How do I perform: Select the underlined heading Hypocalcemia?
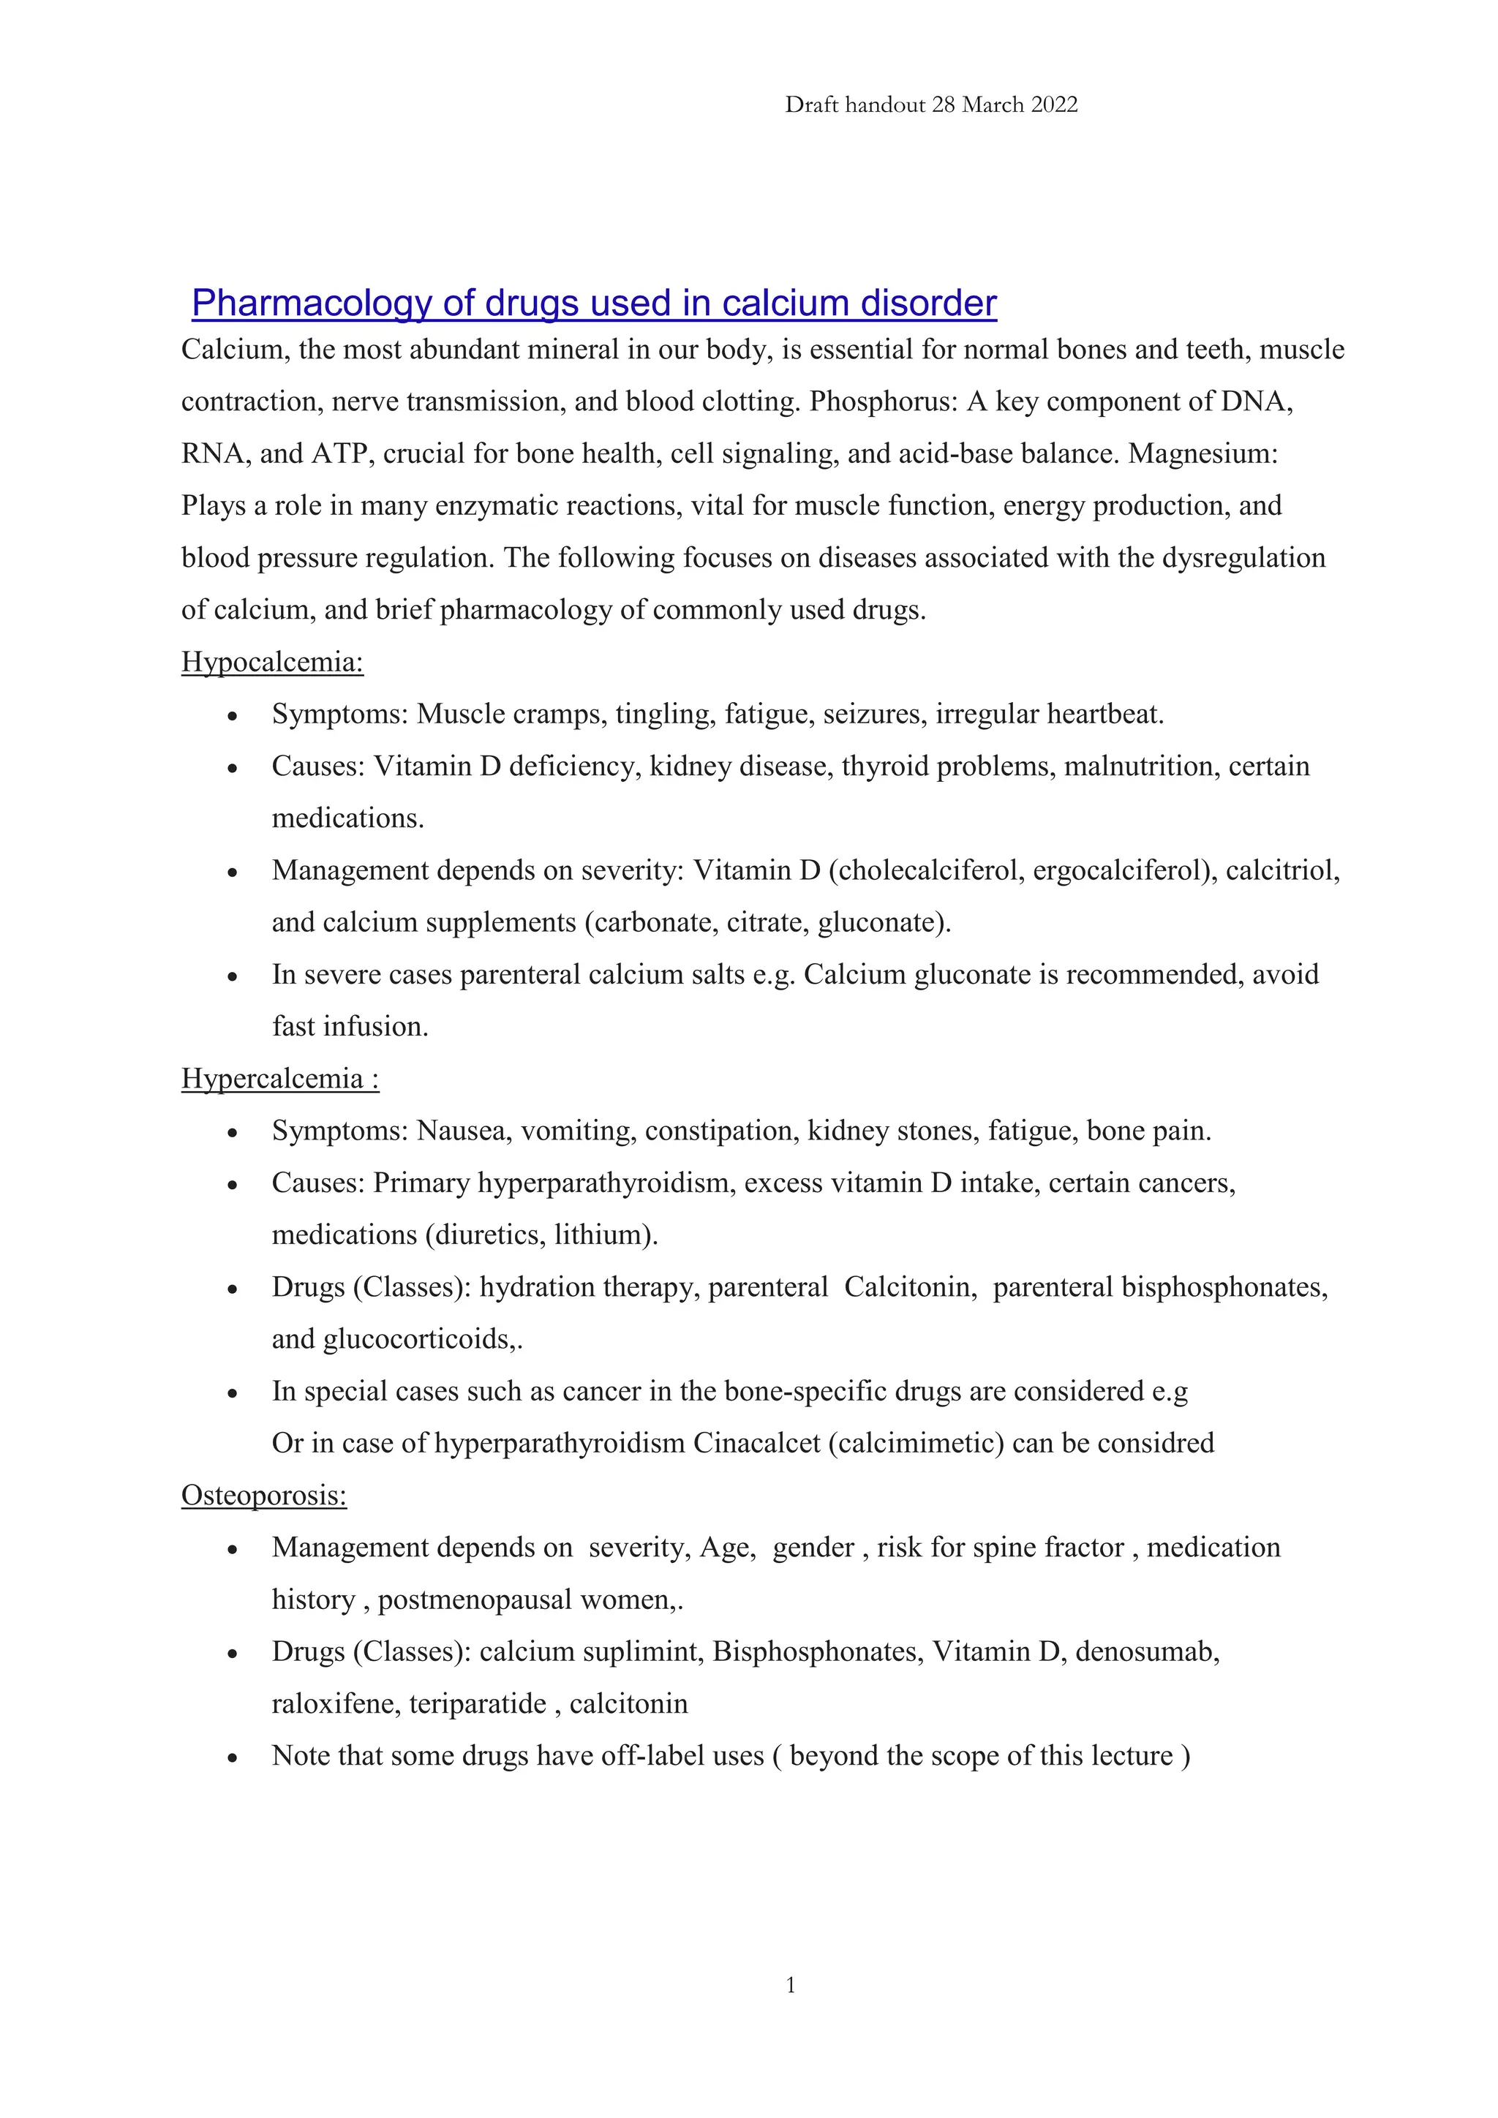pos(272,663)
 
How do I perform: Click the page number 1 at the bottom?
pos(791,1985)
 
